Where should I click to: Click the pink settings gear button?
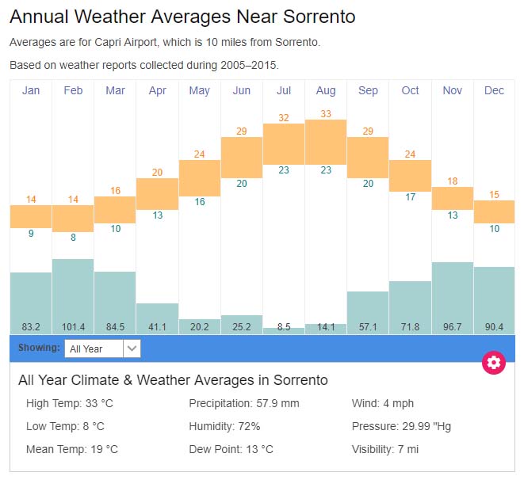(x=494, y=363)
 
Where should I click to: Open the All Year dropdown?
(x=102, y=349)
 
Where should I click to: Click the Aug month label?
(x=325, y=90)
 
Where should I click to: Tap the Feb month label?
(x=73, y=90)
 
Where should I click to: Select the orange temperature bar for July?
(x=283, y=143)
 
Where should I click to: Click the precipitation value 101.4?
(x=73, y=326)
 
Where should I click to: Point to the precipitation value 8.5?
(x=283, y=326)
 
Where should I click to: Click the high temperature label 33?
(x=325, y=114)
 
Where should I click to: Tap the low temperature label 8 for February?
(x=73, y=238)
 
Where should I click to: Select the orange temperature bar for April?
(x=157, y=193)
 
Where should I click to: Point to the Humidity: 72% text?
(x=224, y=426)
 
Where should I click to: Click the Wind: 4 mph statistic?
(x=383, y=403)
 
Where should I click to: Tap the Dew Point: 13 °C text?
(x=231, y=449)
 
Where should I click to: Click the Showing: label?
(x=39, y=348)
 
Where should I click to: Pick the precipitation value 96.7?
(x=452, y=326)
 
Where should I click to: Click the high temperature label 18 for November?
(x=452, y=181)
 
